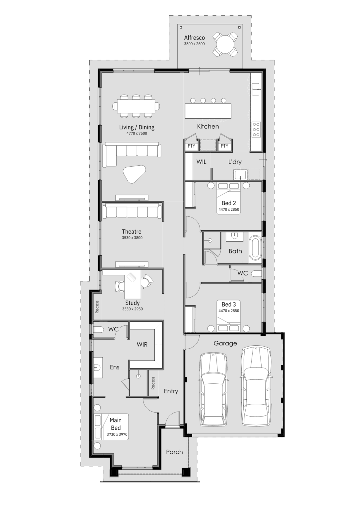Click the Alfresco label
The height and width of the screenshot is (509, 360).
tap(194, 38)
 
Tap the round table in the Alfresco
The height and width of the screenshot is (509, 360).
tap(225, 44)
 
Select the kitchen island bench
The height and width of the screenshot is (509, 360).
tap(208, 111)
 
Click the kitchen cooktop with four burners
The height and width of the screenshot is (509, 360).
tap(256, 129)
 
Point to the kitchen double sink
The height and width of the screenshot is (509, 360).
tap(256, 89)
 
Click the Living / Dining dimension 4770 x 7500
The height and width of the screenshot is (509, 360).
tap(137, 133)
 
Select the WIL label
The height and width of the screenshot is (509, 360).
tap(201, 162)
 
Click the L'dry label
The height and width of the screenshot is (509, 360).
tap(235, 162)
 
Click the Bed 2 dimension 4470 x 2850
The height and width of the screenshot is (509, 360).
tap(229, 209)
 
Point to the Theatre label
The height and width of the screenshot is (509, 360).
tap(132, 232)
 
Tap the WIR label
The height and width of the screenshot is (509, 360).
tap(142, 345)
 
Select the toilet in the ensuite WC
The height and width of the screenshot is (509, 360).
tap(99, 330)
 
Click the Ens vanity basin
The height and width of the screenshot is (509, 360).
tap(97, 367)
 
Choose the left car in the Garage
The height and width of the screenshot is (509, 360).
tap(214, 389)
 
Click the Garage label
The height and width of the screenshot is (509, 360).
tap(225, 343)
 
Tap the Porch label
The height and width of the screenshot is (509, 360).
tap(174, 452)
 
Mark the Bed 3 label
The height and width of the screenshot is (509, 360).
tap(229, 304)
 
